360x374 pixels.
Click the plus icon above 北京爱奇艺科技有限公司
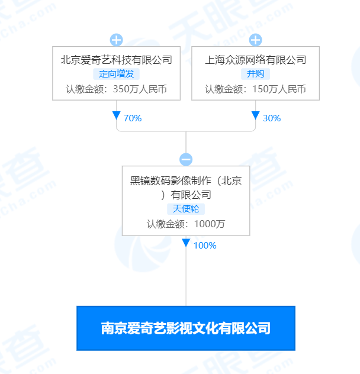(116, 40)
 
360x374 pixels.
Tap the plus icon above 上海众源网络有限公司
(255, 40)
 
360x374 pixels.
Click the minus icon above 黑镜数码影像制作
(186, 159)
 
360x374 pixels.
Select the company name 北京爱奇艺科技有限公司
(116, 60)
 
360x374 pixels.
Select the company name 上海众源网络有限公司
(255, 60)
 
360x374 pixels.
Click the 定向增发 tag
(116, 74)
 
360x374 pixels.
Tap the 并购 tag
(255, 74)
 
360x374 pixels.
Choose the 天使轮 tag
(186, 209)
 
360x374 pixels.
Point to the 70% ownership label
(133, 118)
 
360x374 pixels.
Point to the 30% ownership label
(272, 118)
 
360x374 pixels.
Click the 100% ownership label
(205, 246)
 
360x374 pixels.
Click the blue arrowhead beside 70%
(116, 115)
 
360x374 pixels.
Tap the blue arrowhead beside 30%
(255, 115)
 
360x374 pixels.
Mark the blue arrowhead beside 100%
(186, 243)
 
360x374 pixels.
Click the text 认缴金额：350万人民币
(116, 89)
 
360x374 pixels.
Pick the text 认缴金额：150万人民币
(255, 89)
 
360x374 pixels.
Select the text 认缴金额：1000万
(186, 224)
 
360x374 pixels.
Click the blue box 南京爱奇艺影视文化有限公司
(186, 328)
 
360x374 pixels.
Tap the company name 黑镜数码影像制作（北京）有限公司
(186, 188)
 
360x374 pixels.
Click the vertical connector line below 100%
(186, 277)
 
